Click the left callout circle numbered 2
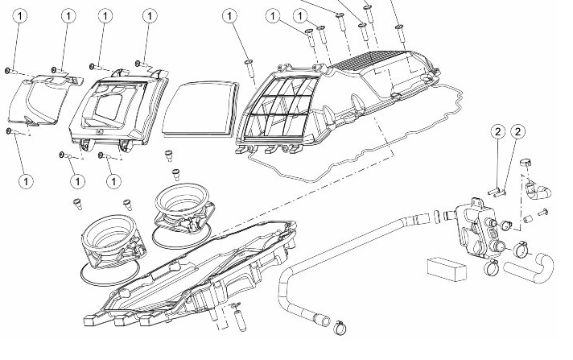(x=498, y=131)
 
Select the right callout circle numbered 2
(x=518, y=131)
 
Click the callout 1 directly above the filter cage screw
(x=231, y=15)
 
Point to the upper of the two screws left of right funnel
(x=170, y=152)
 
